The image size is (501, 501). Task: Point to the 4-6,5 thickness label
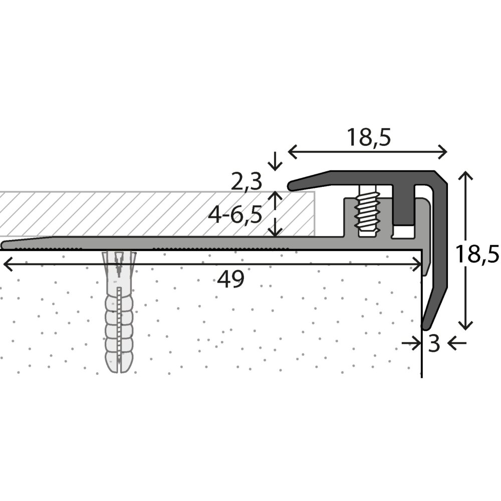(236, 215)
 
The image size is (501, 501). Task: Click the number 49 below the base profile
(230, 280)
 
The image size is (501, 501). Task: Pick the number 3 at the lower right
(434, 344)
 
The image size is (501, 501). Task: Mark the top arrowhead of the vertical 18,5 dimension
(466, 175)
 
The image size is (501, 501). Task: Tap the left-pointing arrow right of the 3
(456, 343)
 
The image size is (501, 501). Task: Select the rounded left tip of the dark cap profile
(292, 186)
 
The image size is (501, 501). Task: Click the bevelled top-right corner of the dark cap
(442, 176)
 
